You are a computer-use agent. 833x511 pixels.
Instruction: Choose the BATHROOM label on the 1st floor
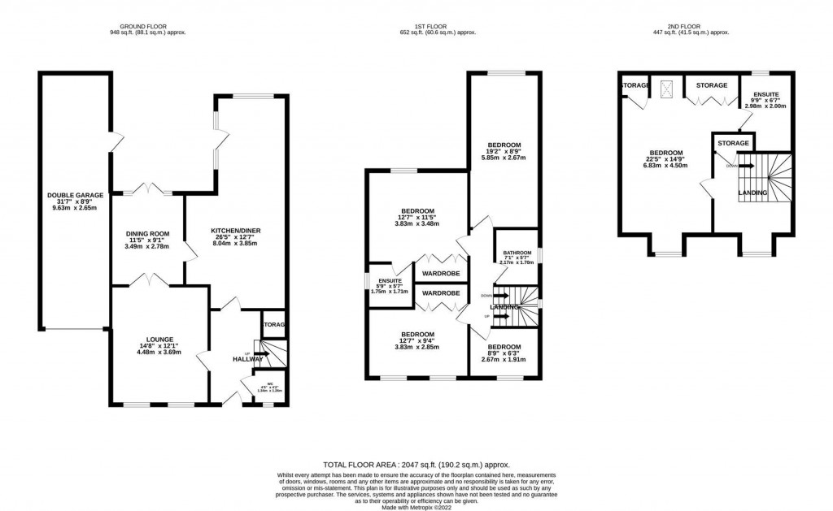[517, 253]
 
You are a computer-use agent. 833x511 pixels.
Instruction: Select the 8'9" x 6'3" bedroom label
[504, 346]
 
